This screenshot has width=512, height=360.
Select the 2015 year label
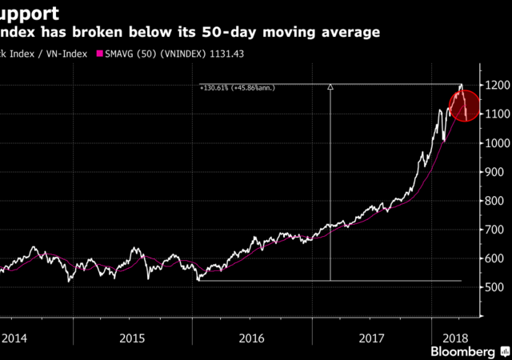[x=132, y=338]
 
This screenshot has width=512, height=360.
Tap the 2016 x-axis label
[x=253, y=338]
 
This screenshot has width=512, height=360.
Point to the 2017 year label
[x=372, y=338]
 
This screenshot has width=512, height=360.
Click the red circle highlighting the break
[x=465, y=106]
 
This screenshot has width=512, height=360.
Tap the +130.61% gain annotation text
[x=238, y=87]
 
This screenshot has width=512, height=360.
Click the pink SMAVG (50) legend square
[x=99, y=54]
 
